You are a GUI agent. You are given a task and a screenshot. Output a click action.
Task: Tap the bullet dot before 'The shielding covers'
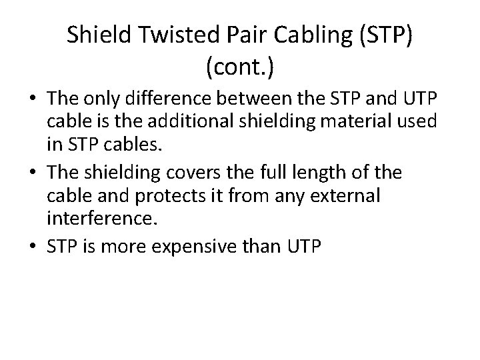pos(33,173)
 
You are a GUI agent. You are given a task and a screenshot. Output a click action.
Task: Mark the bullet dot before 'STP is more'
pos(33,248)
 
